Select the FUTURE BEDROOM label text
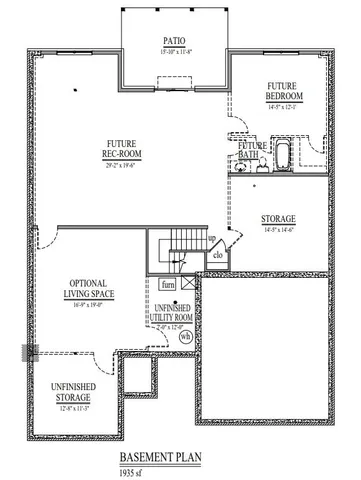[x=285, y=91]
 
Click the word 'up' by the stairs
[x=211, y=240]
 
